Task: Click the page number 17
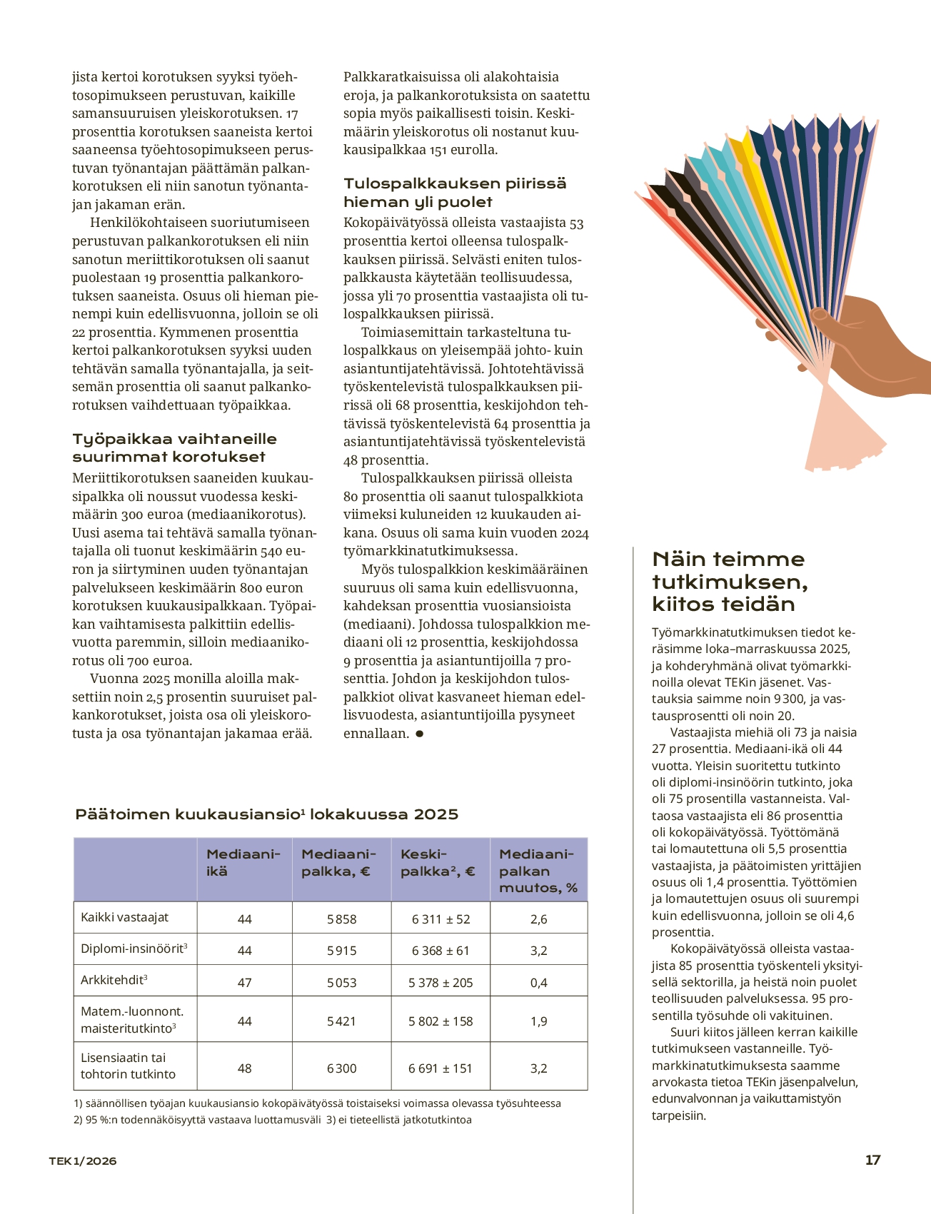(872, 1160)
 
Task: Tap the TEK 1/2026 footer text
(82, 1160)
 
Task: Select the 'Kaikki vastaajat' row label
(125, 918)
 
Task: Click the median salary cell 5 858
(341, 919)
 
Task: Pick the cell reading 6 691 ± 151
(441, 1068)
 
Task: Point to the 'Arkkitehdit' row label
(114, 981)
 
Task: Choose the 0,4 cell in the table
(538, 983)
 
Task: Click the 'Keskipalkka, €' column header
(438, 863)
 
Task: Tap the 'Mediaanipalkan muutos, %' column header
(538, 871)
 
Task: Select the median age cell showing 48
(244, 1068)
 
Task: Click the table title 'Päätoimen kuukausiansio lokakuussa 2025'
(266, 814)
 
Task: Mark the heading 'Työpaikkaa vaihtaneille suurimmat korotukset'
(174, 447)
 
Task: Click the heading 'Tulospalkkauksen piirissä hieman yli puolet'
(455, 193)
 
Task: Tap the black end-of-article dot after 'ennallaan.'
(419, 734)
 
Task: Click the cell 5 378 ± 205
(441, 983)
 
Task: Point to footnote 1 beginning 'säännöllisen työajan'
(317, 1103)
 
